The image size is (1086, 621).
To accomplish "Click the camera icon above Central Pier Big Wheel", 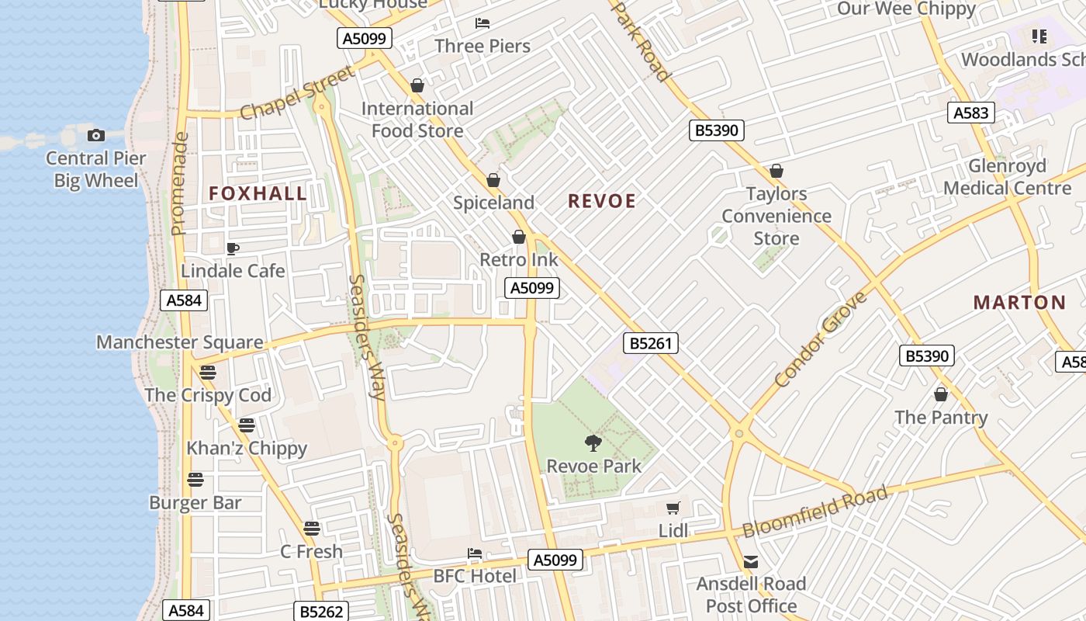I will (x=96, y=136).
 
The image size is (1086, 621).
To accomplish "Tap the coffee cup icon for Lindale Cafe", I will (x=232, y=248).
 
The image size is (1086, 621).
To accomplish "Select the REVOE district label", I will (x=602, y=202).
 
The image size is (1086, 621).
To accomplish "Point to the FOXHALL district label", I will (x=258, y=194).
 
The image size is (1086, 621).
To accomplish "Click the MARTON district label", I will (x=1019, y=303).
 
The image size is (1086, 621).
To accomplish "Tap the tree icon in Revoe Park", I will (x=593, y=443).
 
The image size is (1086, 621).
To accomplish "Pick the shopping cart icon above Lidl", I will (x=673, y=508).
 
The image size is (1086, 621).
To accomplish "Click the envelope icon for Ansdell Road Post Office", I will (x=750, y=561).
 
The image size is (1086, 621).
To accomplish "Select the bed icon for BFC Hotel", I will (x=475, y=553).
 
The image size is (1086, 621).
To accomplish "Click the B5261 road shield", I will (x=651, y=343).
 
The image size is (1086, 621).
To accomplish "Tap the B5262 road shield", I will (x=321, y=612).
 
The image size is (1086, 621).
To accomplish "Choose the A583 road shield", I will (x=970, y=113).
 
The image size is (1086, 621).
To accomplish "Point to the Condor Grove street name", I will (x=821, y=340).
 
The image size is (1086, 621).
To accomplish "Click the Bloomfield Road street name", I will (x=814, y=512).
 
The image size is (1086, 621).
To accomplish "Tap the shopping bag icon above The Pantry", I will (x=941, y=395).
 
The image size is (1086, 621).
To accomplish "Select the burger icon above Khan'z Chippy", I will (x=247, y=425).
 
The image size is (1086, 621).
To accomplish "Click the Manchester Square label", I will (x=179, y=342).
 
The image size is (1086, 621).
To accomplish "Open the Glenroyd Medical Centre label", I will (x=1007, y=177).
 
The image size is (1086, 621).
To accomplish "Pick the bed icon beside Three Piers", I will (x=482, y=23).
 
